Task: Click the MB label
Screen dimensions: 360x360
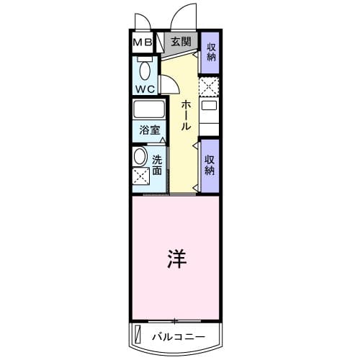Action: point(141,42)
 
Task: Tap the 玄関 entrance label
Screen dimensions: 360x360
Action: point(181,42)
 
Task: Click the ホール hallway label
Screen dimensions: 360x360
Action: point(185,115)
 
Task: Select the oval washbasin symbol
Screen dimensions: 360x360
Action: point(140,157)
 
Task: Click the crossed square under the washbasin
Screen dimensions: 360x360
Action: point(139,176)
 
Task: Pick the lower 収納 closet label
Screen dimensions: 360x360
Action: point(210,166)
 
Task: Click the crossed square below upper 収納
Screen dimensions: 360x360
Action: point(209,87)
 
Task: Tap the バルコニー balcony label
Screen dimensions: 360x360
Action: point(179,336)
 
